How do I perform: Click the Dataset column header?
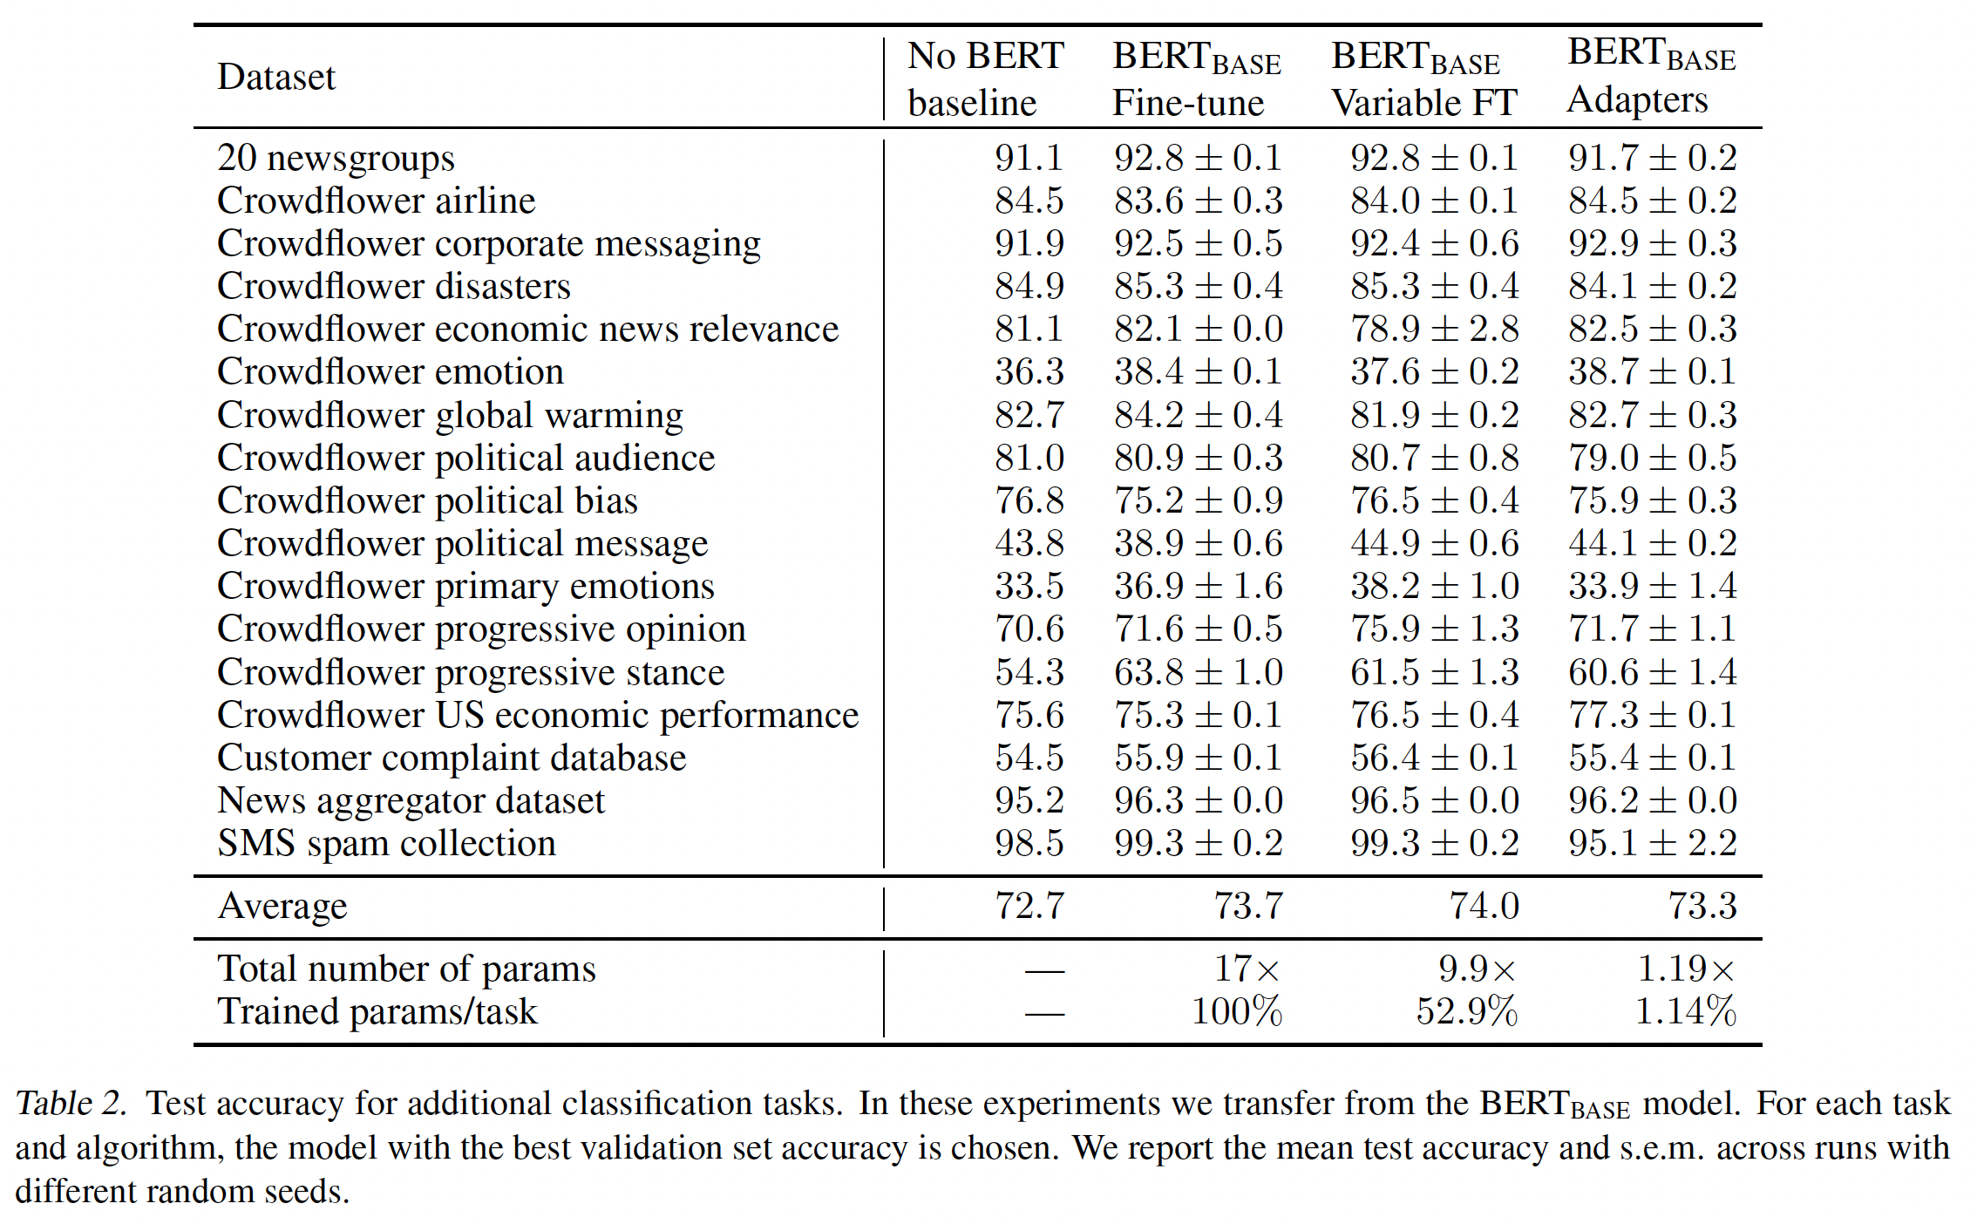pyautogui.click(x=275, y=78)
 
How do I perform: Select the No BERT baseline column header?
pyautogui.click(x=985, y=79)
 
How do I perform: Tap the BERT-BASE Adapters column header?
pyautogui.click(x=1651, y=77)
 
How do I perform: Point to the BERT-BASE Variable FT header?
pyautogui.click(x=1423, y=79)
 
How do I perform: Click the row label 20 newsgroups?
pyautogui.click(x=336, y=159)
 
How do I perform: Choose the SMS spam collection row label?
pyautogui.click(x=386, y=844)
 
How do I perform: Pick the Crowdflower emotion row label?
pyautogui.click(x=390, y=372)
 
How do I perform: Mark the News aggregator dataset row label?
pyautogui.click(x=411, y=801)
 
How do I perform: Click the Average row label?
pyautogui.click(x=282, y=907)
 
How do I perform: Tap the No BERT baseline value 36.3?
pyautogui.click(x=1029, y=372)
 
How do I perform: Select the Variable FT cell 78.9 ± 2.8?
pyautogui.click(x=1434, y=330)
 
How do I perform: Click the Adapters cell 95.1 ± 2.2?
pyautogui.click(x=1652, y=844)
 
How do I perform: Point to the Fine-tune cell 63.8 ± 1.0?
pyautogui.click(x=1198, y=673)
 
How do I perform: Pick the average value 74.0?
pyautogui.click(x=1484, y=907)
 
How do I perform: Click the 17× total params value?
pyautogui.click(x=1247, y=969)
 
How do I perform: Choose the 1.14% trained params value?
pyautogui.click(x=1685, y=1012)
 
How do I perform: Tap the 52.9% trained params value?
pyautogui.click(x=1466, y=1012)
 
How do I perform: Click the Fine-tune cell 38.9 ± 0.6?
pyautogui.click(x=1198, y=544)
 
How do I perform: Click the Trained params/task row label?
pyautogui.click(x=377, y=1012)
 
